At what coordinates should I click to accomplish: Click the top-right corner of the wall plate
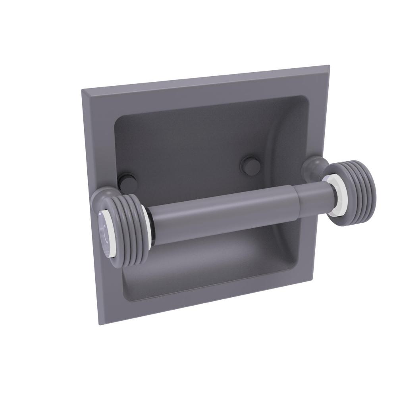329,65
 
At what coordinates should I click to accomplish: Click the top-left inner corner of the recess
116,119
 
